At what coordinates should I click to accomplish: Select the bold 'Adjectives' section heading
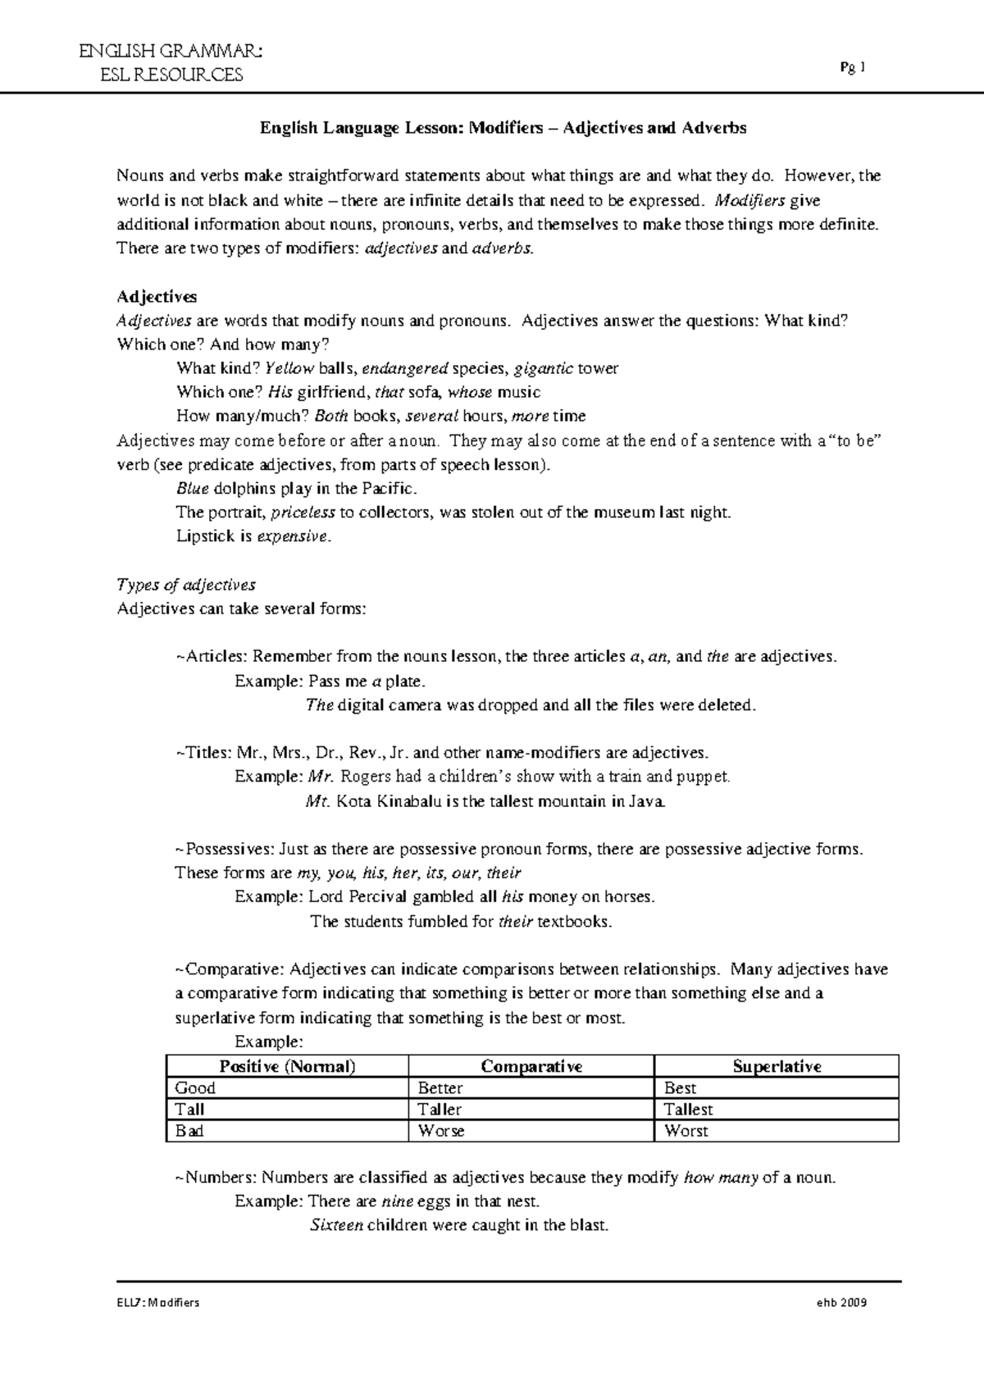click(157, 296)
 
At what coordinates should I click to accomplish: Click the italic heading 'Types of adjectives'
click(186, 585)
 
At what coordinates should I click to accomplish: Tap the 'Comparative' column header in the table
click(531, 1066)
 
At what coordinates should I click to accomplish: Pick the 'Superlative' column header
click(777, 1066)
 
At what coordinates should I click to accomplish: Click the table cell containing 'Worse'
click(441, 1131)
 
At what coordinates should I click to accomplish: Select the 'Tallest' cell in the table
click(688, 1110)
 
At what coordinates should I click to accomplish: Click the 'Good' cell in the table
click(195, 1088)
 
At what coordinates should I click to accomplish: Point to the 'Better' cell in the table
click(440, 1088)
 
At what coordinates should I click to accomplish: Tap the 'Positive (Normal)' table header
click(287, 1066)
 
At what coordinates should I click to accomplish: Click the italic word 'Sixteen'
click(336, 1226)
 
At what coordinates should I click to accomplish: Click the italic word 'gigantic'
click(543, 368)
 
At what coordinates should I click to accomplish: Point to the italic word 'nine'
click(397, 1202)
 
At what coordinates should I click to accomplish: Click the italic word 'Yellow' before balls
click(290, 368)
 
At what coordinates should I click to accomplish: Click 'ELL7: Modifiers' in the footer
click(158, 1302)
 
